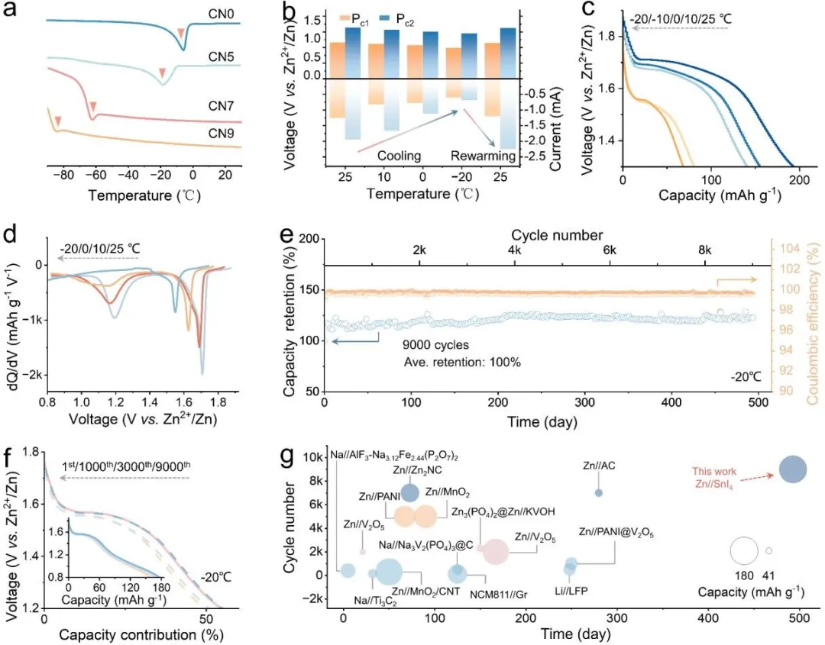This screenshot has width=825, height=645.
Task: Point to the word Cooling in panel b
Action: [x=400, y=156]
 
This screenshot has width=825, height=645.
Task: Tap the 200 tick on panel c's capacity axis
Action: [x=800, y=177]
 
